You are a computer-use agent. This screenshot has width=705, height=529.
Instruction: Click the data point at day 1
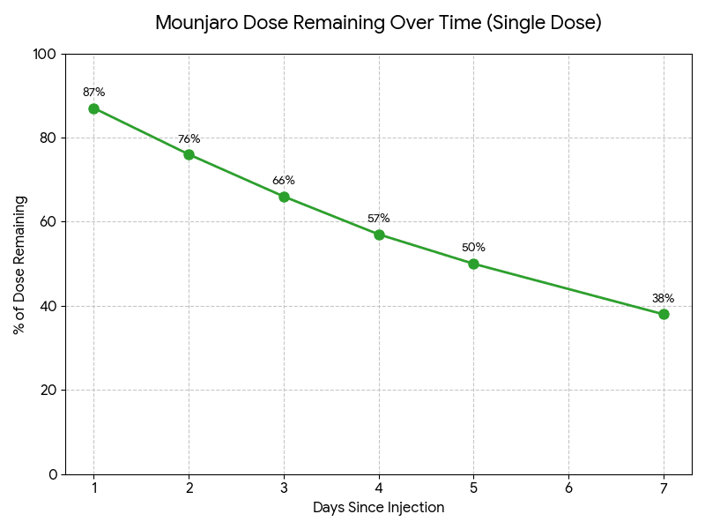click(x=93, y=108)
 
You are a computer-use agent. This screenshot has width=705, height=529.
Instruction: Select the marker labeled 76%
click(x=189, y=154)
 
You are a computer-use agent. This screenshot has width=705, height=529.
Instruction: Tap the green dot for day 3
click(x=284, y=197)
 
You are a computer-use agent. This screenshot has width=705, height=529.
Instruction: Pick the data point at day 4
click(x=379, y=235)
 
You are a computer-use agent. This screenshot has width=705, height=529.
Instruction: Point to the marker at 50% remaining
click(x=473, y=264)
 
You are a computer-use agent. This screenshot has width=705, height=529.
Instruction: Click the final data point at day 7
click(x=664, y=314)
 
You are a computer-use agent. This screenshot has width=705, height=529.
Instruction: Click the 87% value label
click(x=93, y=93)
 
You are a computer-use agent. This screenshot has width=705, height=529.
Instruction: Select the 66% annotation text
click(x=284, y=181)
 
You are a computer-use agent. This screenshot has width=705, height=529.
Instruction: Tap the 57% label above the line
click(x=379, y=219)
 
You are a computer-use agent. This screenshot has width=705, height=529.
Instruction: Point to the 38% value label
click(x=664, y=298)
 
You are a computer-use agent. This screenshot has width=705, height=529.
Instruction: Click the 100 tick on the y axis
click(x=45, y=55)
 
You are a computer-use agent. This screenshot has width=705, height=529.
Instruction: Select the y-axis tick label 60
click(x=48, y=222)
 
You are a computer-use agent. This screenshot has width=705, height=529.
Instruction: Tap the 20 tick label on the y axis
click(x=48, y=391)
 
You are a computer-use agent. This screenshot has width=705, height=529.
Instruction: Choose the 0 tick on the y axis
click(x=52, y=474)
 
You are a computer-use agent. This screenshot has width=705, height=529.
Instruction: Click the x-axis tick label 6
click(x=568, y=488)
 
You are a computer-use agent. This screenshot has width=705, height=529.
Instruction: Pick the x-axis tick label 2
click(x=189, y=488)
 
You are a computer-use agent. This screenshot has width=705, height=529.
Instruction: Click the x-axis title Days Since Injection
click(x=378, y=508)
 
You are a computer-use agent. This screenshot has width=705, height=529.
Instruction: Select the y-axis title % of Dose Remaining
click(x=19, y=264)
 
